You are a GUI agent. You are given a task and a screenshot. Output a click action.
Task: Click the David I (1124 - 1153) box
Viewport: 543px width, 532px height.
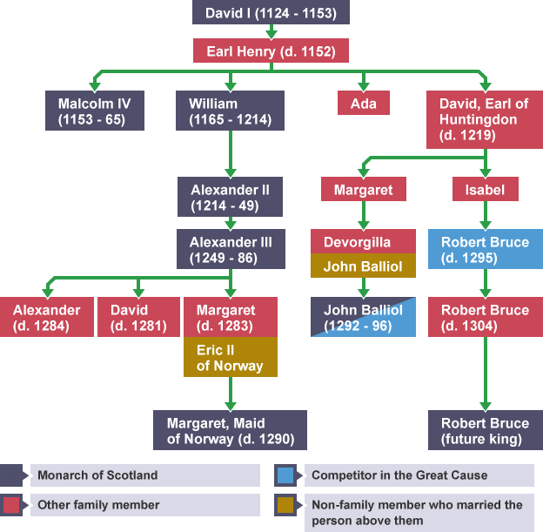point(271,13)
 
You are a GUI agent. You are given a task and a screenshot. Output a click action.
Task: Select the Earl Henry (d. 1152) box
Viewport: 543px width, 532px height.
point(271,51)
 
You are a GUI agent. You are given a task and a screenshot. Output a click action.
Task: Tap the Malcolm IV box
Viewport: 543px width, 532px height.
point(94,111)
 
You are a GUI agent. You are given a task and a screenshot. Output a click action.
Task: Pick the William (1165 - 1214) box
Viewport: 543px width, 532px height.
point(230,111)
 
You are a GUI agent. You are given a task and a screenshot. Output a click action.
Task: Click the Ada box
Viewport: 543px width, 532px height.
point(363,104)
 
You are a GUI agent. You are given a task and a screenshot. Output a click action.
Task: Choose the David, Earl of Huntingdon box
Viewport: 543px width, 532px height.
point(484,119)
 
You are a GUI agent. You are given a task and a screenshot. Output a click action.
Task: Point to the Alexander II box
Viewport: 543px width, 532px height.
point(230,198)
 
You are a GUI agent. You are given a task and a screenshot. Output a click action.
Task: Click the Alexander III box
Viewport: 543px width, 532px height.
point(230,249)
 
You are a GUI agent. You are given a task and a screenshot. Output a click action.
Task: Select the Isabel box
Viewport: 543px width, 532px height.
point(485,190)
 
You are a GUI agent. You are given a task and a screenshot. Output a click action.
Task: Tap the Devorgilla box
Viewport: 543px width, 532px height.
point(363,241)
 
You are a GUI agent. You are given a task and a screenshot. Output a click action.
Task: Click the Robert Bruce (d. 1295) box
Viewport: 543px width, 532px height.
point(485,250)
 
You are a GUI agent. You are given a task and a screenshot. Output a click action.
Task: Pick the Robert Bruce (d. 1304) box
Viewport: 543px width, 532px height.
point(485,318)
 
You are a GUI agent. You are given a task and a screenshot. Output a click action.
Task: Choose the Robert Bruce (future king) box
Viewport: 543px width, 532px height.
point(485,431)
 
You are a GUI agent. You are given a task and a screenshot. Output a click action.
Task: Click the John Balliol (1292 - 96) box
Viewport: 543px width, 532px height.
point(363,318)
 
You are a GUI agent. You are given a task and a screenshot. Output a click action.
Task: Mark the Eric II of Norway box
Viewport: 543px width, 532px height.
point(230,358)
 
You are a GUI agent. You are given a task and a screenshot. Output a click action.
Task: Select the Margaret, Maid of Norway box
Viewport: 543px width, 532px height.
point(230,431)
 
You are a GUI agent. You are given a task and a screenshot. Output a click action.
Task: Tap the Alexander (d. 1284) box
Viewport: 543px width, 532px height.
point(46,318)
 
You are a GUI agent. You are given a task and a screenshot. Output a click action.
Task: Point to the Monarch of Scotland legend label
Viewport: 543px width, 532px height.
point(145,475)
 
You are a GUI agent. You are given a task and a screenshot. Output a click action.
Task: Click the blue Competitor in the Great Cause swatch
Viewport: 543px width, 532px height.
point(286,475)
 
